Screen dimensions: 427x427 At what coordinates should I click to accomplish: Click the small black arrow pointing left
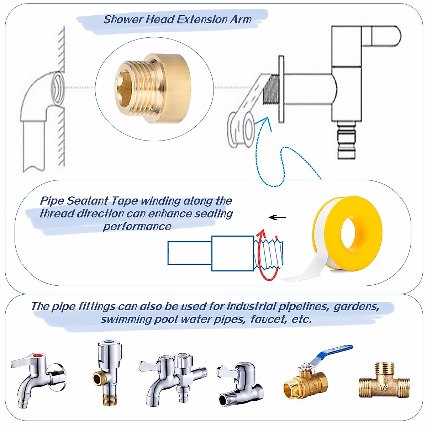[x=277, y=217]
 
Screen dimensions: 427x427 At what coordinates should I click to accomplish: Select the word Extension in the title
[x=203, y=20]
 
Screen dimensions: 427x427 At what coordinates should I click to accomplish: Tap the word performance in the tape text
[x=137, y=227]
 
